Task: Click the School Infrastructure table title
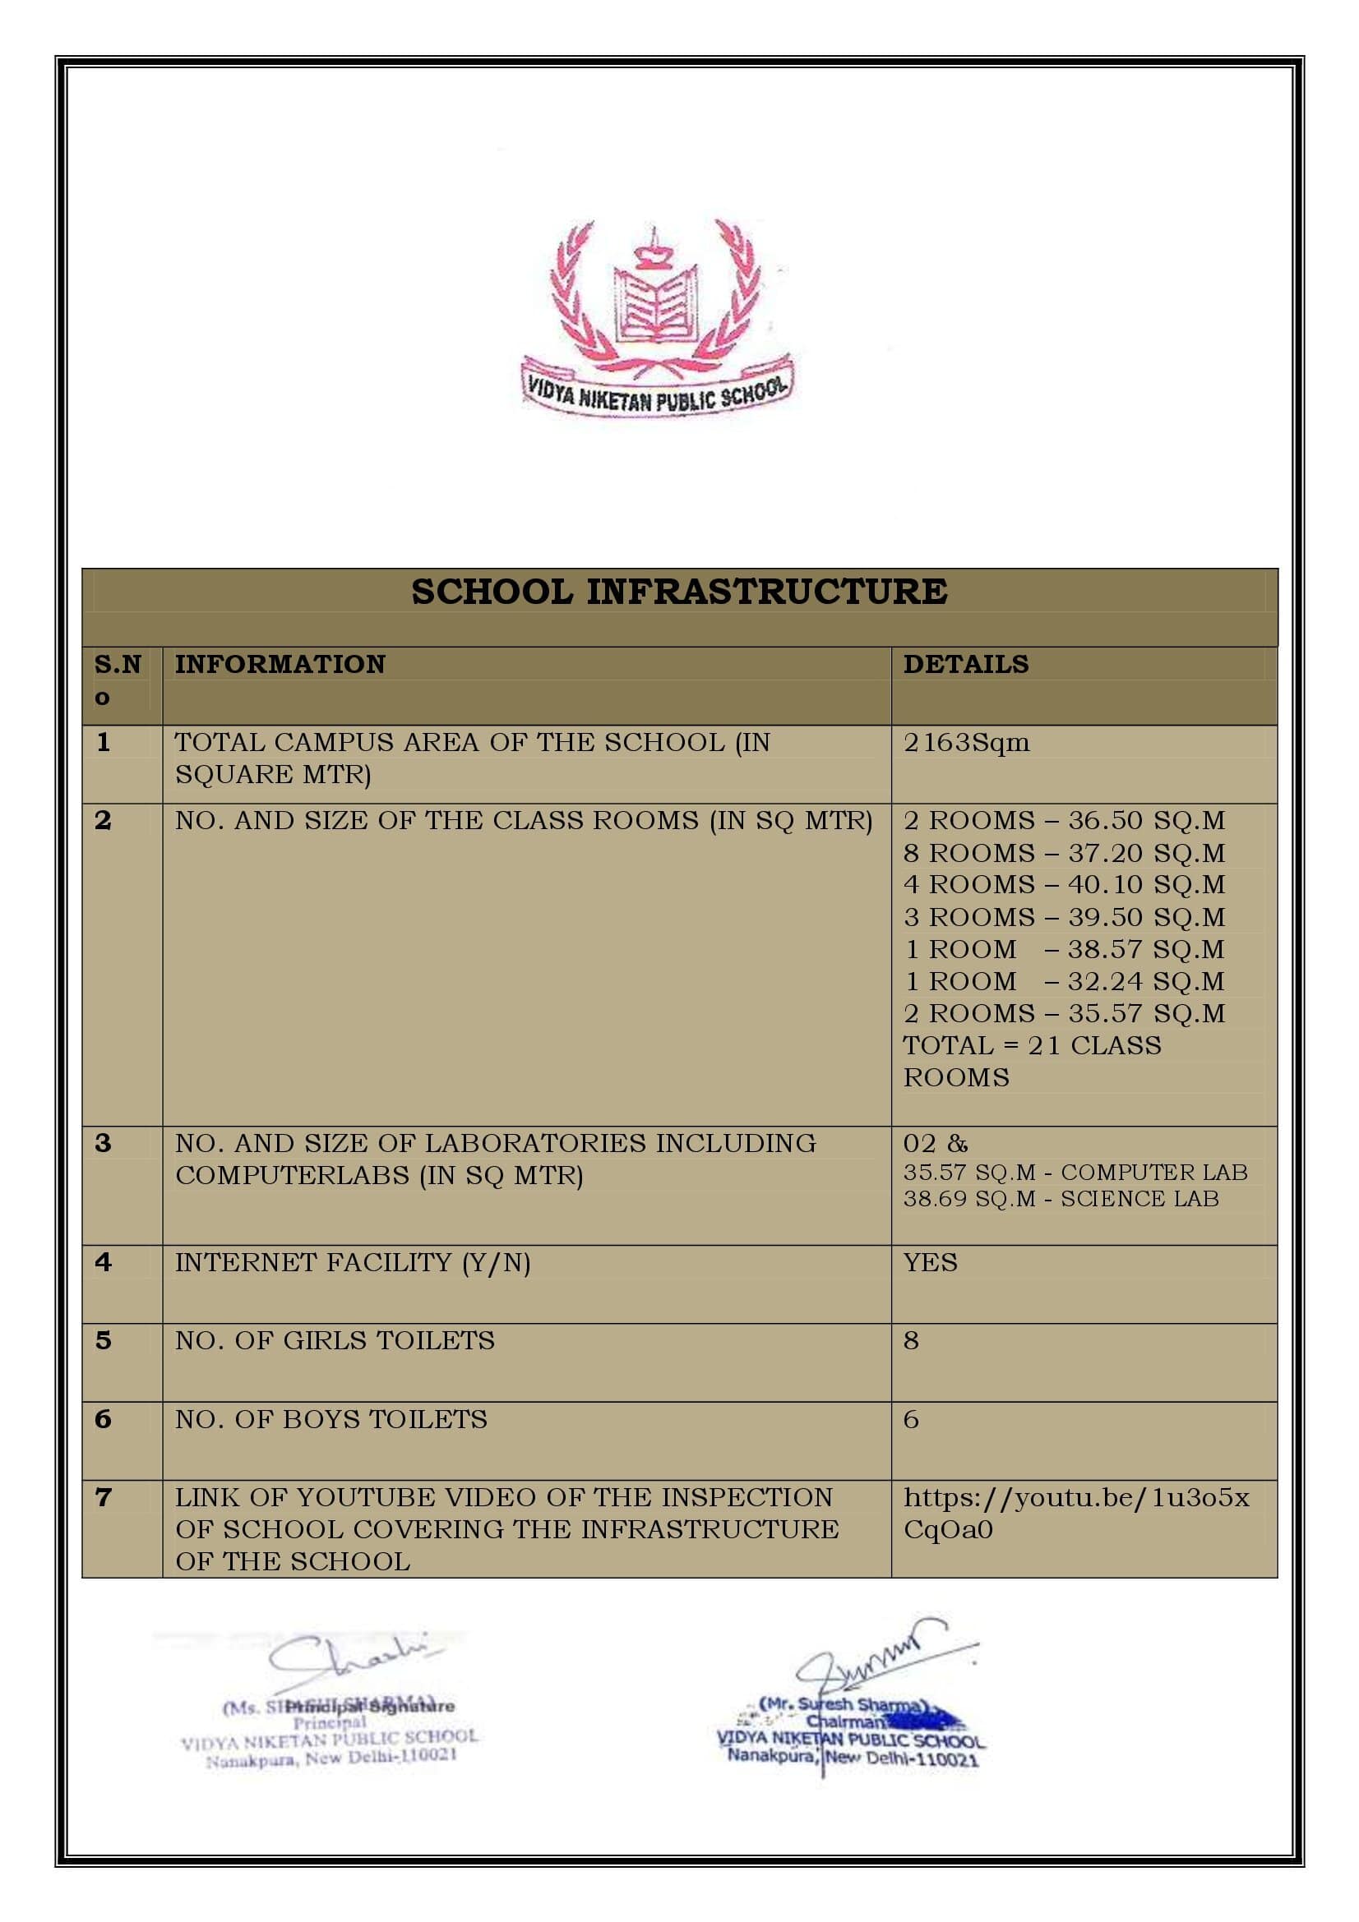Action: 679,592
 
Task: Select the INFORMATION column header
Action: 280,665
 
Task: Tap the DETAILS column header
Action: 965,665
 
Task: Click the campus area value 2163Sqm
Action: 966,743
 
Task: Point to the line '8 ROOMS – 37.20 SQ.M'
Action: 1063,853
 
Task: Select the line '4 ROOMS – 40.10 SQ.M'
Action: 1063,885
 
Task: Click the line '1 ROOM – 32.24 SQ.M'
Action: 1063,981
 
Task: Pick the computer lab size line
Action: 1075,1173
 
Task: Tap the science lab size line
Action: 1061,1199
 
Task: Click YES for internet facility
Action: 931,1263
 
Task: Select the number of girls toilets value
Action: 911,1341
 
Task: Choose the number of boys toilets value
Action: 911,1420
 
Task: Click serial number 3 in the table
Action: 103,1144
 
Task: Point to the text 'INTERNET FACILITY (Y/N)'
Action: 353,1263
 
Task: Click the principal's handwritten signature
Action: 352,1662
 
